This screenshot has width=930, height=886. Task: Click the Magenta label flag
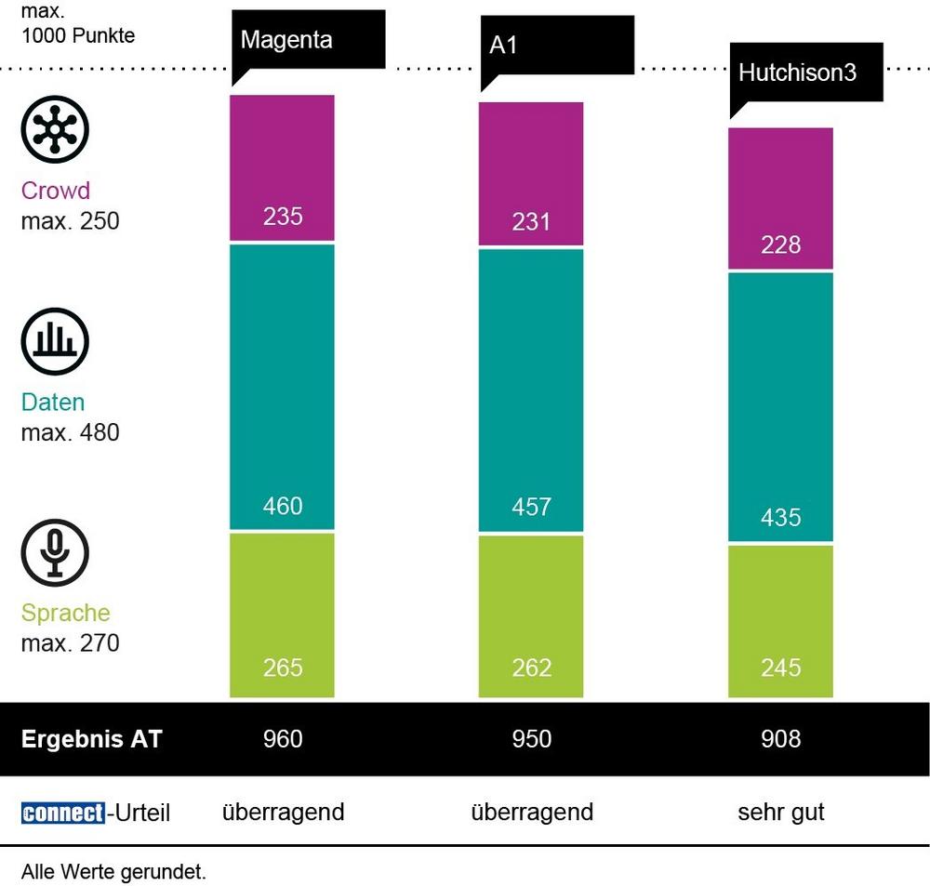point(307,41)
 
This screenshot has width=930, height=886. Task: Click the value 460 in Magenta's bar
point(283,506)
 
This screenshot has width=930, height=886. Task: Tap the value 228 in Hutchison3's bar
point(780,245)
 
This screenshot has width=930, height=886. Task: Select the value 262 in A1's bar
point(531,668)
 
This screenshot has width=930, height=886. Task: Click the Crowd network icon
point(55,127)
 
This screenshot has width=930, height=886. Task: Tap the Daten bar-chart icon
point(55,341)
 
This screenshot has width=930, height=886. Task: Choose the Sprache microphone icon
point(55,552)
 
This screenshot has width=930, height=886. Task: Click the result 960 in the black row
point(283,738)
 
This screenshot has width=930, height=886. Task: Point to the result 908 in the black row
point(780,738)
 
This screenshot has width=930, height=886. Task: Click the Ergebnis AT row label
point(91,739)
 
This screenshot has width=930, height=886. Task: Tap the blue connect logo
point(62,813)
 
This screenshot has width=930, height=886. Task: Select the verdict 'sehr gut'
point(780,812)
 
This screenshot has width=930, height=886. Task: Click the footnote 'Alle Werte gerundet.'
point(113,872)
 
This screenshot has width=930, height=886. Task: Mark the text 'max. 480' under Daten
point(70,432)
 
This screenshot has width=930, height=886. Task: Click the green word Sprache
point(65,613)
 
